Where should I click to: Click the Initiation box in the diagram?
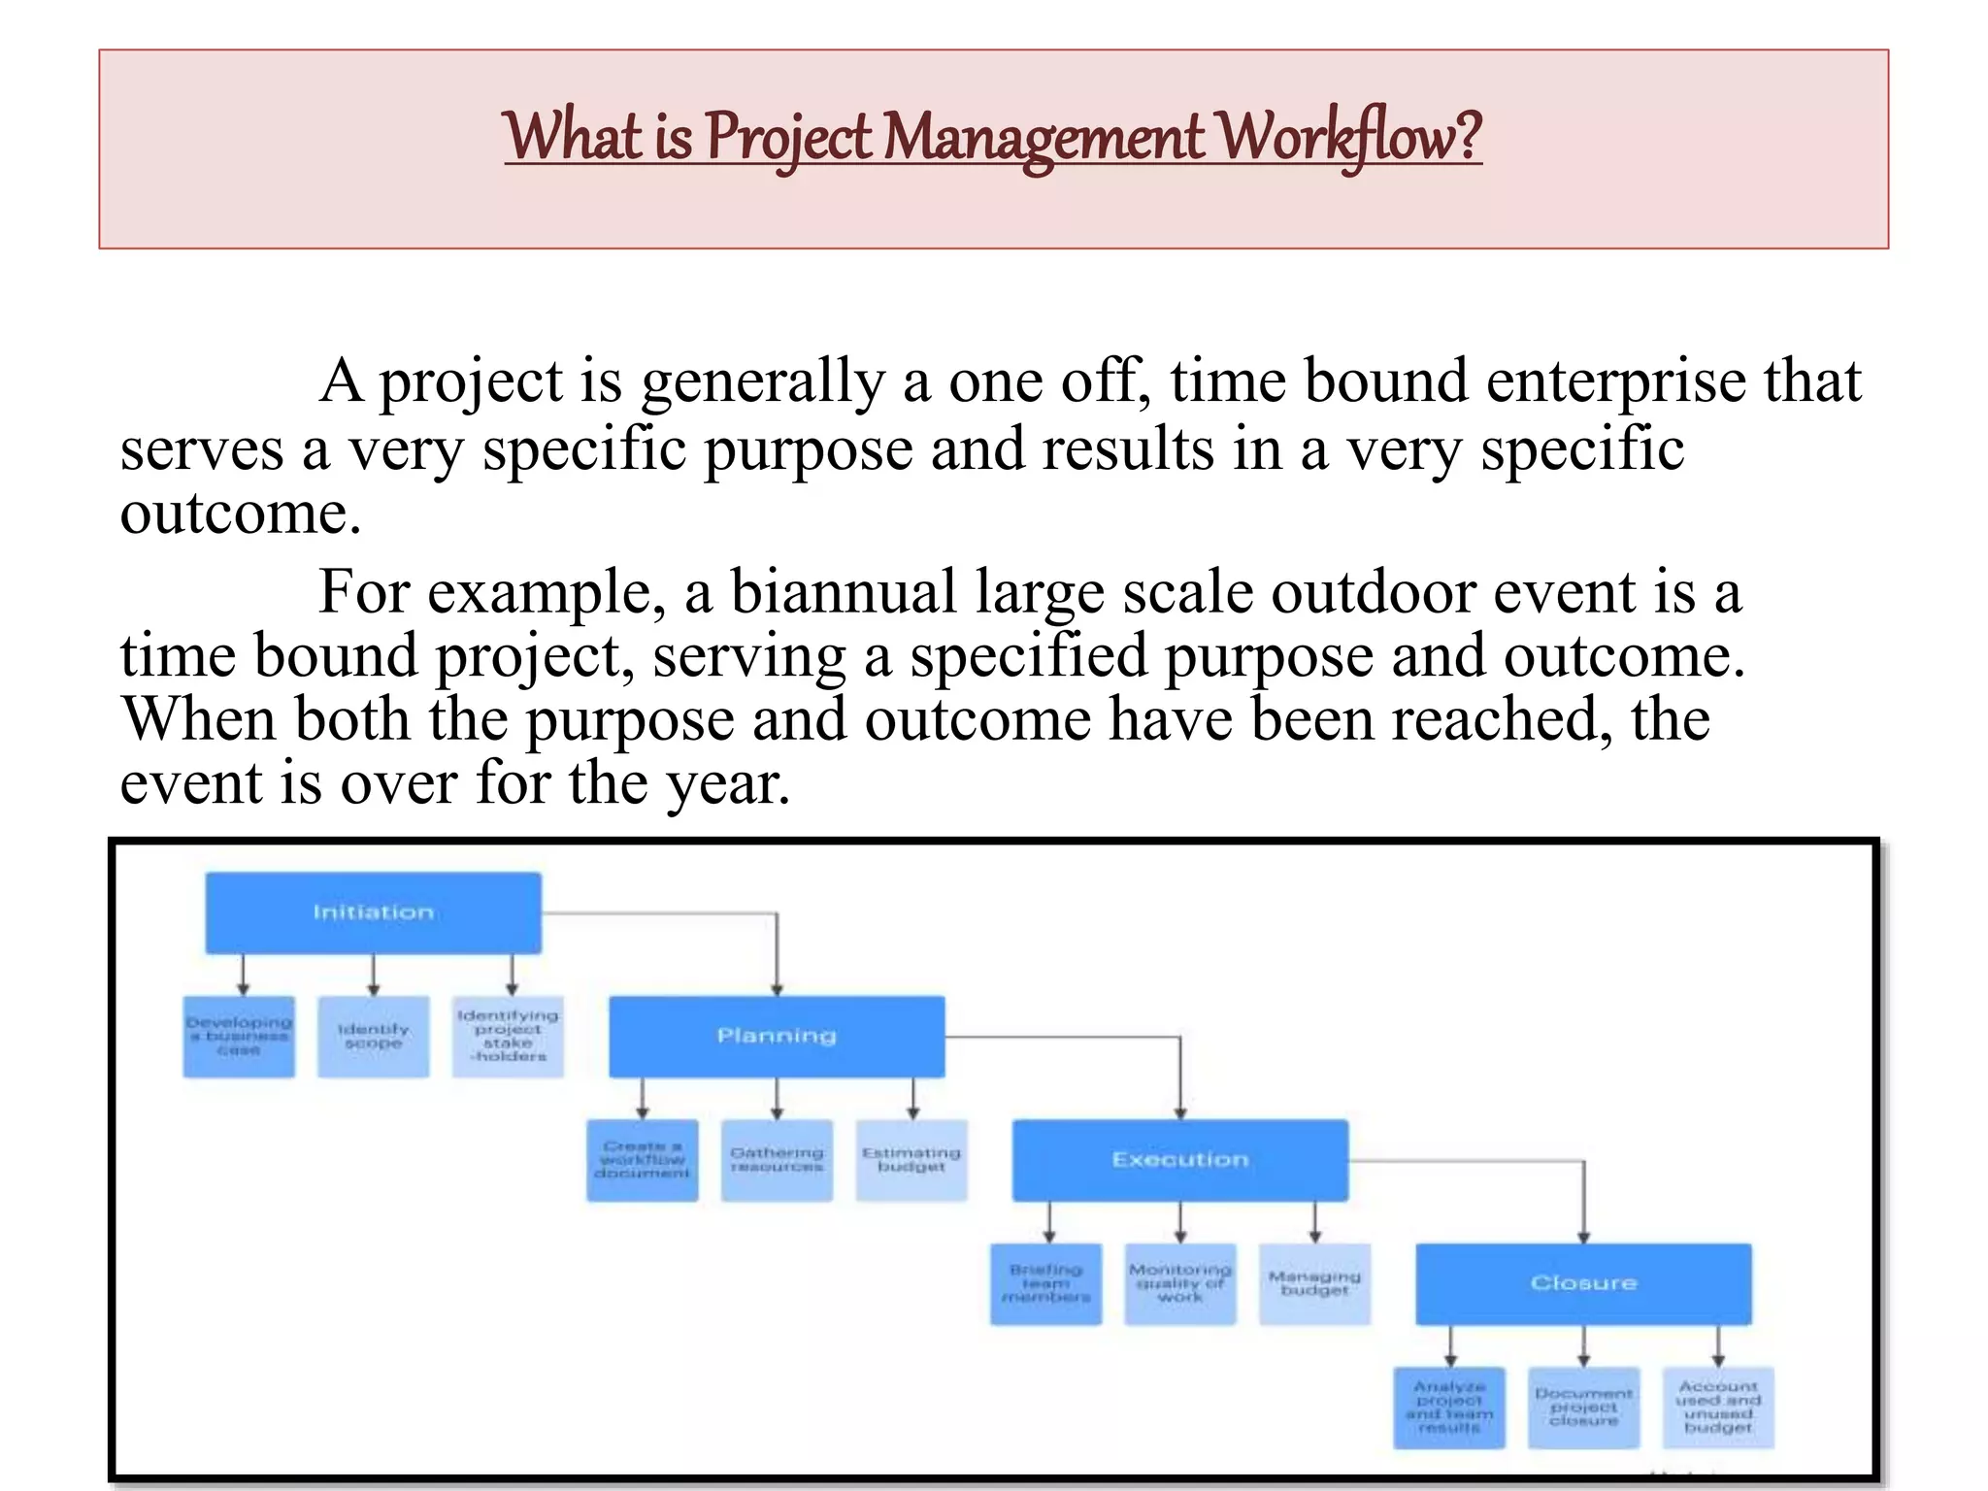[373, 912]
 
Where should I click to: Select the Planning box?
[776, 1036]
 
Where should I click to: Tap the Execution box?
[1179, 1160]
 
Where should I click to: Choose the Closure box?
[1583, 1283]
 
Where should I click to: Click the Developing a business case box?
[239, 1037]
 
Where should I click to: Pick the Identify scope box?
[373, 1037]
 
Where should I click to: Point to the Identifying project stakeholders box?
[508, 1037]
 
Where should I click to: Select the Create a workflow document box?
[642, 1160]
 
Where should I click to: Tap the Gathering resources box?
[777, 1160]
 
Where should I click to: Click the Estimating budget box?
[911, 1160]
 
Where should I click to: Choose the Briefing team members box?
[1045, 1283]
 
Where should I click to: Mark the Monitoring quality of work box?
[1179, 1283]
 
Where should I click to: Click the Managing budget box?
[1314, 1283]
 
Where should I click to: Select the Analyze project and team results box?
[1448, 1408]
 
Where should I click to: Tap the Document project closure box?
[1583, 1408]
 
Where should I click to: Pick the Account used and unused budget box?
[1718, 1408]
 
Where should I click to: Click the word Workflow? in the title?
[1350, 138]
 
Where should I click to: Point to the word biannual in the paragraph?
[843, 592]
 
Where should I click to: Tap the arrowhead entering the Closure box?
[1583, 1238]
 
